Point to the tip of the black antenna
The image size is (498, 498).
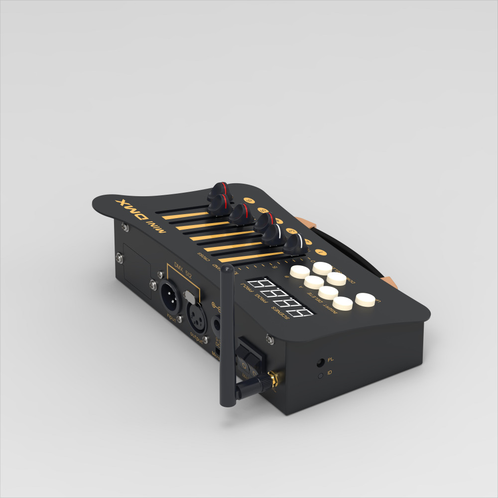click(226, 268)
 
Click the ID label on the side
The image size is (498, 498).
click(330, 373)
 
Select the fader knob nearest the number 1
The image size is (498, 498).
click(296, 244)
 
